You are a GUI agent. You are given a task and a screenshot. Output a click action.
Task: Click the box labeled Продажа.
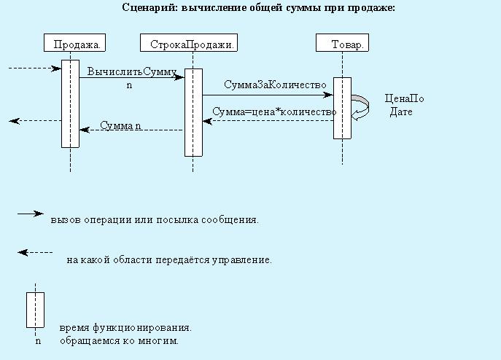(75, 42)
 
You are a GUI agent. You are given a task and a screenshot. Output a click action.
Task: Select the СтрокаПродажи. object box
(189, 42)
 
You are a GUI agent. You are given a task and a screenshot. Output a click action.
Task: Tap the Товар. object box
(342, 42)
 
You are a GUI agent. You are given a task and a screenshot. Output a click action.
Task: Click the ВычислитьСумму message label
(132, 71)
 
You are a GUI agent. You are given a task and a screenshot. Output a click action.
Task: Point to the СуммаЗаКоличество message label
(275, 85)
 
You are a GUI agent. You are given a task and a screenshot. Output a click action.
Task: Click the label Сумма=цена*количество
(274, 111)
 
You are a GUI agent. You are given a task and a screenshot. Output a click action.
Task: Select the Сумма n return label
(120, 125)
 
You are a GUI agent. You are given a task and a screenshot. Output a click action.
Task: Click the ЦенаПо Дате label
(404, 105)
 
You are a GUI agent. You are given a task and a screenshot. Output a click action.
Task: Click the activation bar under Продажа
(70, 103)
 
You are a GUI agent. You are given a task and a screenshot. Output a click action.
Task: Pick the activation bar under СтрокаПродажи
(193, 112)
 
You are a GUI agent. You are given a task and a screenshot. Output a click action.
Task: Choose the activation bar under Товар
(342, 108)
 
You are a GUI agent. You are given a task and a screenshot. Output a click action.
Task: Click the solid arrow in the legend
(31, 214)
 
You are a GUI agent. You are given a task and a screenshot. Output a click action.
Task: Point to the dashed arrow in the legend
(35, 253)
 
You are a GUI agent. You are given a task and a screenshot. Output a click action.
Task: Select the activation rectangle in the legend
(35, 310)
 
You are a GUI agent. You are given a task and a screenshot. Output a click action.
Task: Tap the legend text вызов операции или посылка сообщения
(155, 220)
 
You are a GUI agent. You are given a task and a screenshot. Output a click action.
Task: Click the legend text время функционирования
(125, 328)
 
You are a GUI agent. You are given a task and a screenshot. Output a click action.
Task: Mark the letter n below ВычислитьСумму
(129, 85)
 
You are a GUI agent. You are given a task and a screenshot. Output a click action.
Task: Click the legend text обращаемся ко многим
(119, 341)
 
